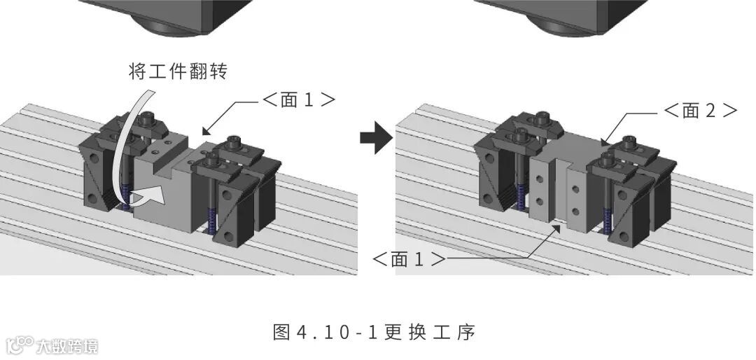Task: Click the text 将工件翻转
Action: click(x=178, y=71)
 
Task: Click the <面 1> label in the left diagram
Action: click(x=299, y=100)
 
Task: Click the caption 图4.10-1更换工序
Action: click(x=374, y=331)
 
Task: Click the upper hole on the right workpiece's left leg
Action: click(x=540, y=178)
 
